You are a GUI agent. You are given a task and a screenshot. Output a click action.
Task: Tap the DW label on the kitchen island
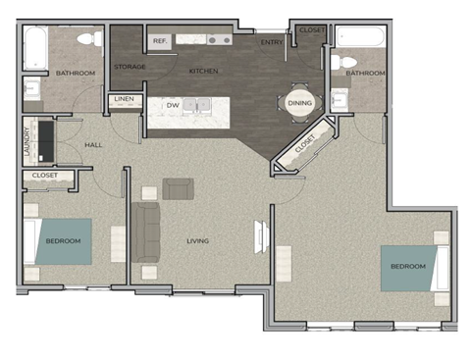173,105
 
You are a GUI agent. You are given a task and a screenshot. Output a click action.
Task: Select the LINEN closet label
124,100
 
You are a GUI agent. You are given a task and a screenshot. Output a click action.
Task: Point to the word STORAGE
130,67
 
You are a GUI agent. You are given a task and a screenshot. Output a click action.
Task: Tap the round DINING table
298,103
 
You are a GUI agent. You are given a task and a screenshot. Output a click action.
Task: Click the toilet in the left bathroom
87,39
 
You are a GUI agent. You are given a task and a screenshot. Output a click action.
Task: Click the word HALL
94,145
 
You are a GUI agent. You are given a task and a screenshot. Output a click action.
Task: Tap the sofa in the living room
146,232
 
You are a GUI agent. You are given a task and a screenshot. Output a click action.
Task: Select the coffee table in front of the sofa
179,188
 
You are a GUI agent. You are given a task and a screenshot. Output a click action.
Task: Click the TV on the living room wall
262,236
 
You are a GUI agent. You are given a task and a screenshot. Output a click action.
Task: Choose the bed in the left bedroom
62,241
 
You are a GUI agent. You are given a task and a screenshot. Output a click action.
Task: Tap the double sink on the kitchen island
197,106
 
